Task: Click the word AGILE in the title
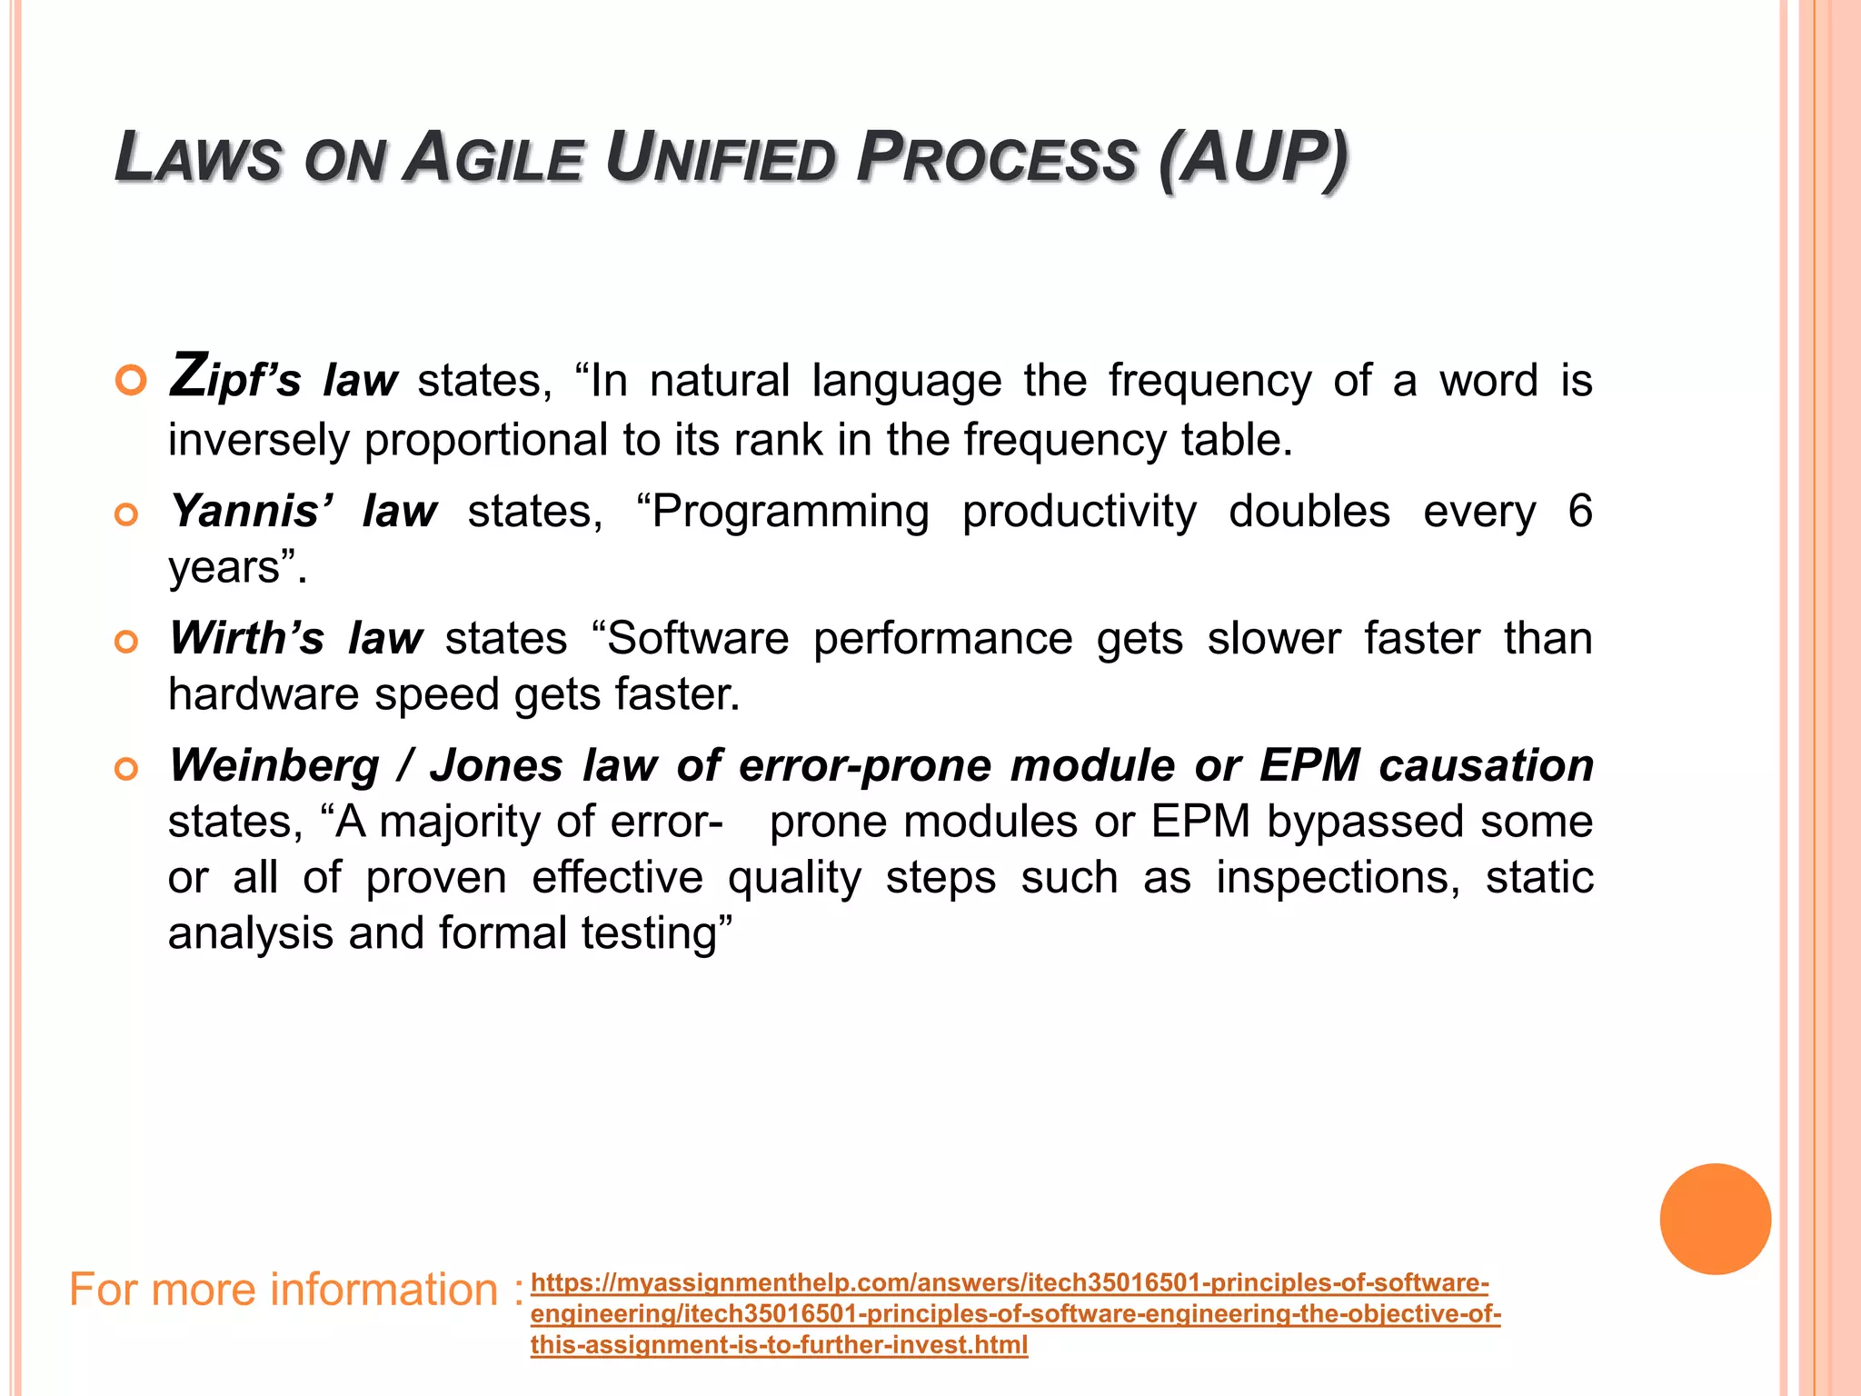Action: point(493,158)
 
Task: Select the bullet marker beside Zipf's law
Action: point(131,381)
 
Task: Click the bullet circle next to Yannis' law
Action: point(127,515)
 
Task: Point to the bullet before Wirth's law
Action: point(127,643)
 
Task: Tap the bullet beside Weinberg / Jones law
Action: point(127,770)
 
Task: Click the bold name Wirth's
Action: point(246,638)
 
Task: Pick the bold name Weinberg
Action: point(274,765)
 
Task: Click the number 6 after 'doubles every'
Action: point(1579,511)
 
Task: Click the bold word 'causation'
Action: point(1486,765)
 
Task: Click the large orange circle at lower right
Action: point(1715,1219)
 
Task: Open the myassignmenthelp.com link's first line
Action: point(1009,1283)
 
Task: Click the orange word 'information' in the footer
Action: point(383,1290)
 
